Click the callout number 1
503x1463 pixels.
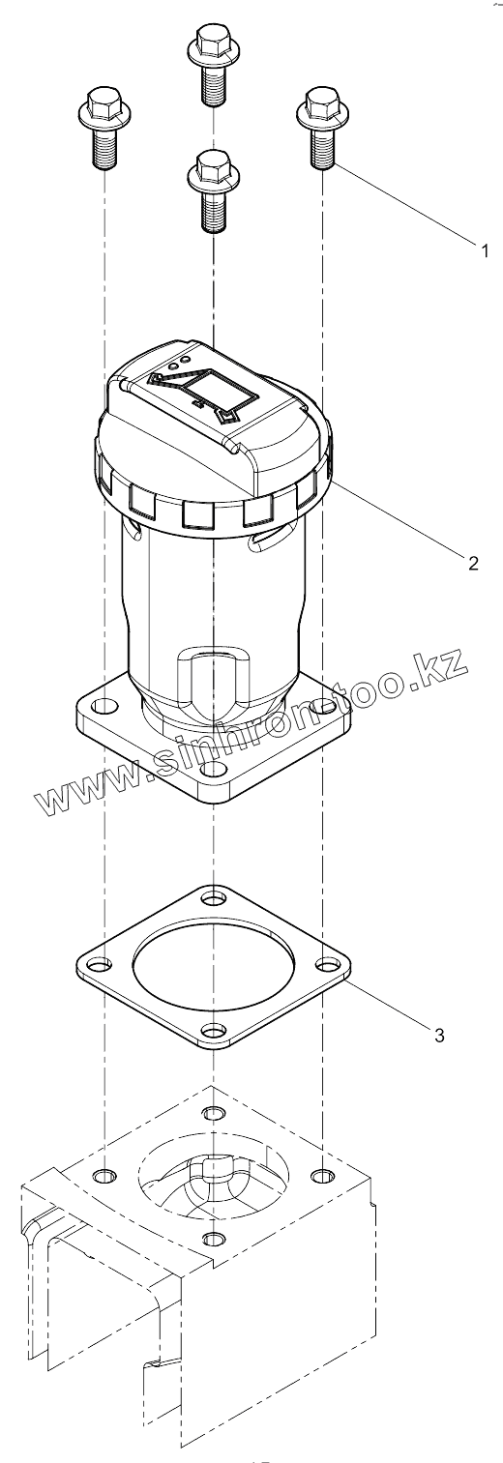click(484, 250)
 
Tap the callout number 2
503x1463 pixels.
click(473, 563)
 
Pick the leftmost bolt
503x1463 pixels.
click(104, 128)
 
